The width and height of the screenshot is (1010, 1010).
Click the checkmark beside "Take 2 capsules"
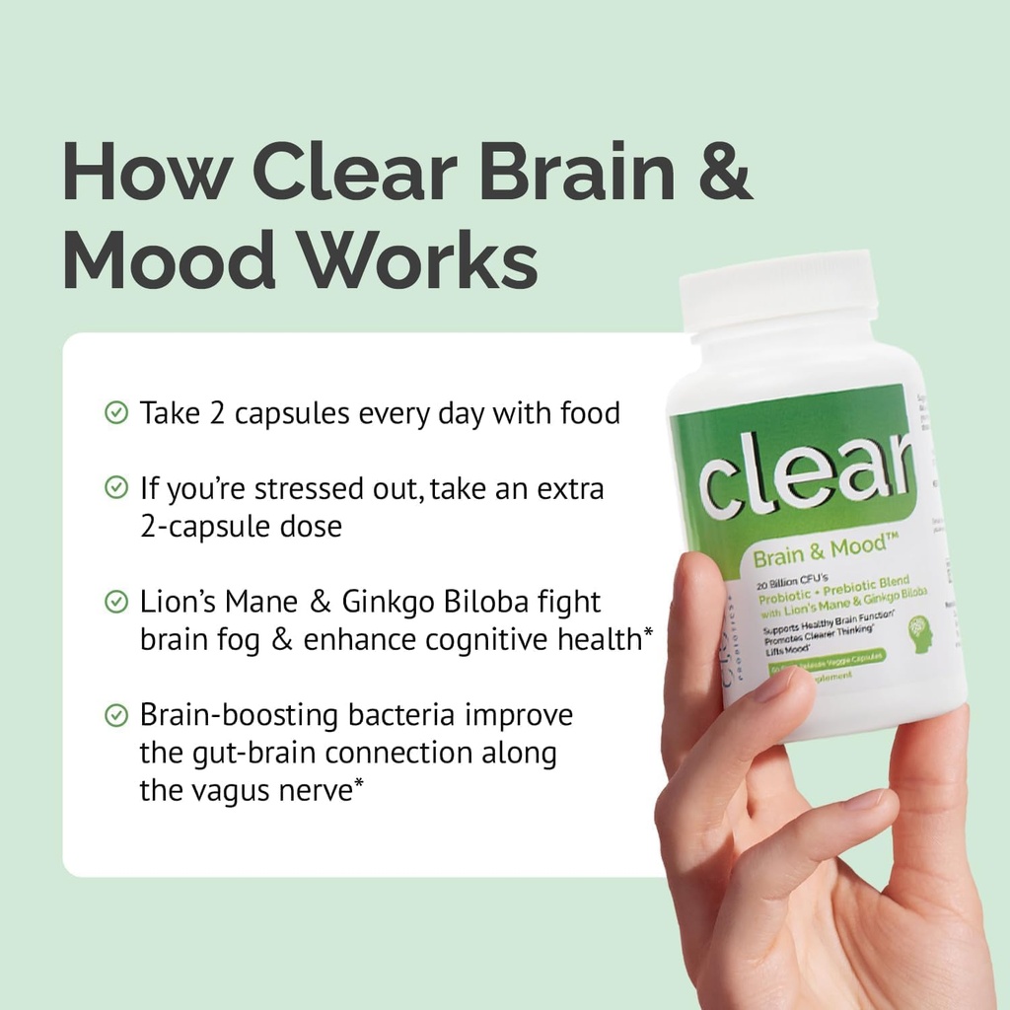pyautogui.click(x=116, y=412)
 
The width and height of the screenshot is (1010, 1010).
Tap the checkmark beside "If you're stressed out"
pyautogui.click(x=116, y=487)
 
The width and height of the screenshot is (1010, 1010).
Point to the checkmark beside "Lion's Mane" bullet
pyautogui.click(x=116, y=601)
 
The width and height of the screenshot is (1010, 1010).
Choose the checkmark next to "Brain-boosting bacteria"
pyautogui.click(x=116, y=714)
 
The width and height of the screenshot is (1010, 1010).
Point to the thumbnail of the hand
pyautogui.click(x=779, y=685)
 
